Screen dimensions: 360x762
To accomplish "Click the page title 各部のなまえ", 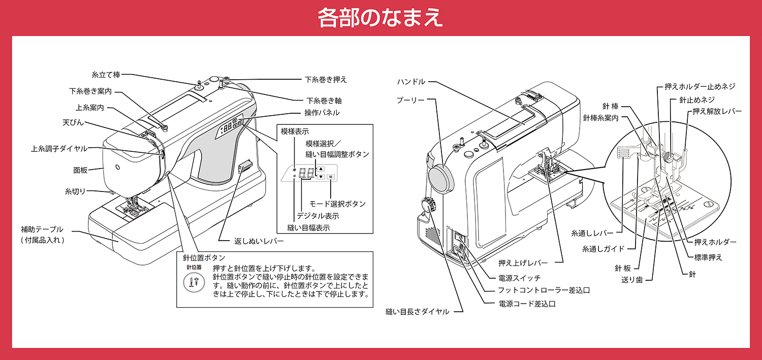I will pos(380,18).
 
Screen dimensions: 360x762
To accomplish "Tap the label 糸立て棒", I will pos(106,75).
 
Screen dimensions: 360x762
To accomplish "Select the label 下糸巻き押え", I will pos(326,80).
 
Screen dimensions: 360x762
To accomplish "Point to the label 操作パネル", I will pos(322,112).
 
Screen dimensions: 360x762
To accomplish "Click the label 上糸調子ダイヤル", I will pos(59,149).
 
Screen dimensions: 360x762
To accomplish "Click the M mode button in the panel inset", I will pos(331,177).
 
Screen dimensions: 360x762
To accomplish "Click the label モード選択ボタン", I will pos(337,204).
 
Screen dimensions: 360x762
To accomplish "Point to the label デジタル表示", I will pos(318,216).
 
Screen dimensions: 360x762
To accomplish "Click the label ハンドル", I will pos(411,81).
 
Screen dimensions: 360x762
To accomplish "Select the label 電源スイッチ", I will pos(520,278).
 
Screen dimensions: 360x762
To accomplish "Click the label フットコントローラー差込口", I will pos(544,290).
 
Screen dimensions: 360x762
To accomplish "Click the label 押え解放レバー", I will pos(717,111).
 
